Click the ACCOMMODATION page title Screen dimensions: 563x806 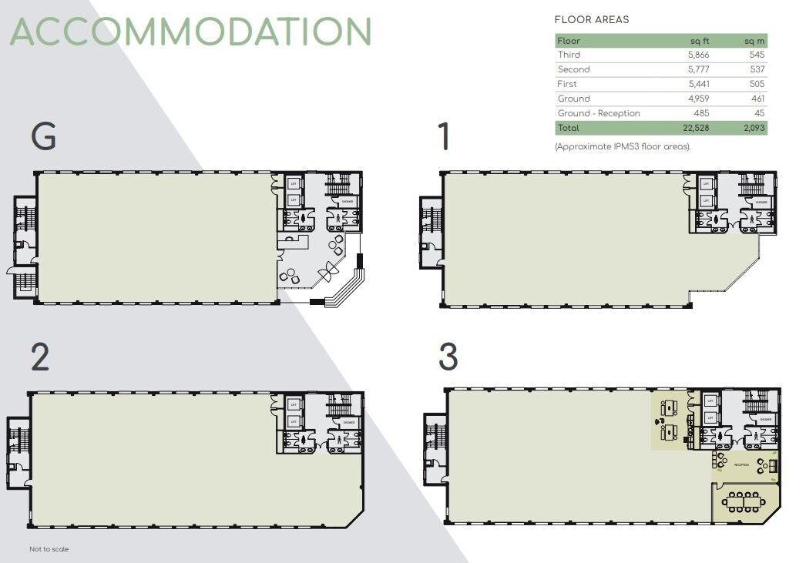[191, 32]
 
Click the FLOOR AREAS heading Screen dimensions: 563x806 [591, 20]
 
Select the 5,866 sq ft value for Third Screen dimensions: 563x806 [697, 55]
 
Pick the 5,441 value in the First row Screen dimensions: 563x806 [697, 84]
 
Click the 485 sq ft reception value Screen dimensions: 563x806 [701, 113]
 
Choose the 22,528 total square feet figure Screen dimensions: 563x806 [695, 128]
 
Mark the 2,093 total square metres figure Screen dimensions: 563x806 [751, 128]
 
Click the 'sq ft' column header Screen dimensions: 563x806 [699, 41]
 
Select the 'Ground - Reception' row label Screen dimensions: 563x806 [599, 113]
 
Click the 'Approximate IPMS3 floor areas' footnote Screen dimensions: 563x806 [623, 146]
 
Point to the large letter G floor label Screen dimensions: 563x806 [43, 137]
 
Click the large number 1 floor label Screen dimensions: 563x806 [443, 137]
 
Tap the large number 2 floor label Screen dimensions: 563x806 [41, 357]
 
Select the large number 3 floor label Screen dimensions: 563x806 [448, 357]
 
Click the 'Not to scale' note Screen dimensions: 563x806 [49, 549]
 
